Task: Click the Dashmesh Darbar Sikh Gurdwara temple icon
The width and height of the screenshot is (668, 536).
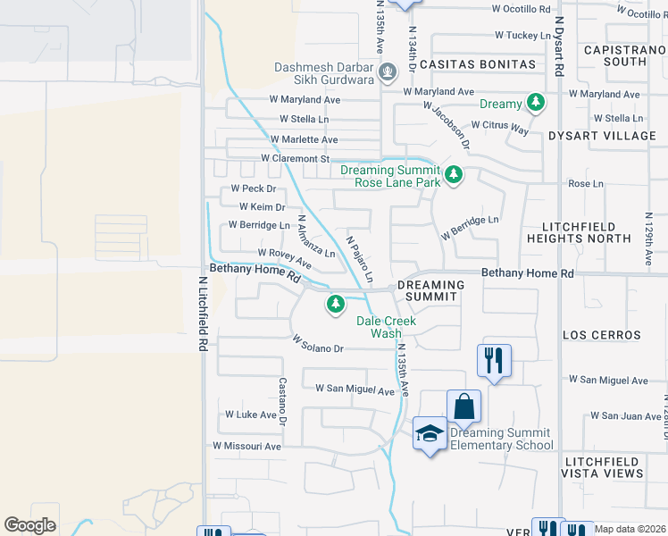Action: tap(388, 71)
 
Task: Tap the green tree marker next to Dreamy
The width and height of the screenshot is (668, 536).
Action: tap(536, 104)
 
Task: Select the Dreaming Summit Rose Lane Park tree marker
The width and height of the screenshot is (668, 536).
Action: tap(454, 173)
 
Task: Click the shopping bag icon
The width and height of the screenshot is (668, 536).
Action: tap(464, 406)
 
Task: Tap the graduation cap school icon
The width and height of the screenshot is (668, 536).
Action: tap(430, 434)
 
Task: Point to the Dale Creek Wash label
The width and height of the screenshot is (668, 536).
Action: tap(386, 327)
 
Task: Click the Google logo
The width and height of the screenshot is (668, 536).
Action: tap(29, 525)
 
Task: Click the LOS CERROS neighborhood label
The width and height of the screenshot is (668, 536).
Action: tap(602, 336)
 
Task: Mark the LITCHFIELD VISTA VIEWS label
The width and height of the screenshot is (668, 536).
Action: tap(603, 466)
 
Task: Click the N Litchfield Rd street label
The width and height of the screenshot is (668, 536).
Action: tap(204, 314)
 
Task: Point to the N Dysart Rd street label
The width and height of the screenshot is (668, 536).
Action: tap(560, 44)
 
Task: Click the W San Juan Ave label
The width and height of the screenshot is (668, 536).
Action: tap(625, 416)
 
